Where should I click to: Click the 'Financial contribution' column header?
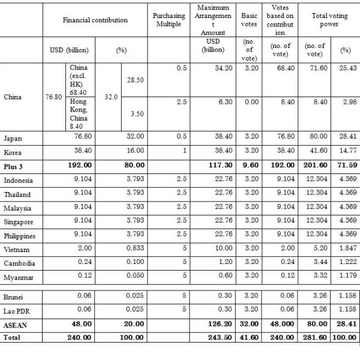95,20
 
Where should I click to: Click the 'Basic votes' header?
249,20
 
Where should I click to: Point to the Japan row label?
13,139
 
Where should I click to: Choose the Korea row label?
13,152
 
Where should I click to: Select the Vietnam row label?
16,250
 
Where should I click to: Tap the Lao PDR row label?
18,310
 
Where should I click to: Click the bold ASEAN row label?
16,324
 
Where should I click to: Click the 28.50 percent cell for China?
134,80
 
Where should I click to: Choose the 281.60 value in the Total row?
316,337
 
